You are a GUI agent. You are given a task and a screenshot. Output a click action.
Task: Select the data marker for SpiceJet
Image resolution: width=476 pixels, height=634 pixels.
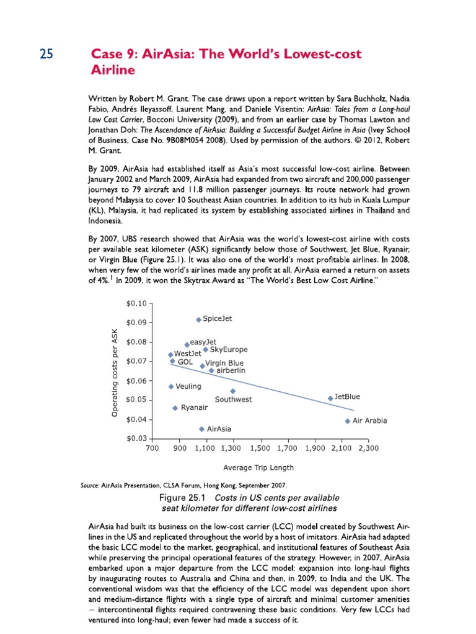click(198, 319)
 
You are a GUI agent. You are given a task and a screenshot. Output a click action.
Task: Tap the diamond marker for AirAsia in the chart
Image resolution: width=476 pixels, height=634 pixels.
click(201, 428)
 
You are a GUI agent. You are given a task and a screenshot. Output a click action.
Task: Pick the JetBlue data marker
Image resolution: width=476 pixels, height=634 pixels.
click(330, 397)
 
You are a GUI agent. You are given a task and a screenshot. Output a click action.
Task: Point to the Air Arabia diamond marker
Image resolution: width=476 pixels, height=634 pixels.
click(347, 421)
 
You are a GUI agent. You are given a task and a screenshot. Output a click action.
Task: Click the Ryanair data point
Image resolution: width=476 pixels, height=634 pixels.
click(175, 408)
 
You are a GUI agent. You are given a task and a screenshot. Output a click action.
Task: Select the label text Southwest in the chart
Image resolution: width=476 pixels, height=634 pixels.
click(233, 400)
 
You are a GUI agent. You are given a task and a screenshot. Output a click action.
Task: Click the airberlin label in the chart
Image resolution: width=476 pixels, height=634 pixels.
click(231, 370)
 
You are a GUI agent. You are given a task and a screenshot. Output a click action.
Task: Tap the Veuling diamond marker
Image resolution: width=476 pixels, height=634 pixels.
click(171, 386)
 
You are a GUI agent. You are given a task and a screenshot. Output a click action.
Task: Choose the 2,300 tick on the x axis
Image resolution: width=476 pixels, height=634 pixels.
click(369, 447)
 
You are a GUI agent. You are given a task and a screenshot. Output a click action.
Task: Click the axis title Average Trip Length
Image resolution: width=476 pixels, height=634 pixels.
click(258, 467)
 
